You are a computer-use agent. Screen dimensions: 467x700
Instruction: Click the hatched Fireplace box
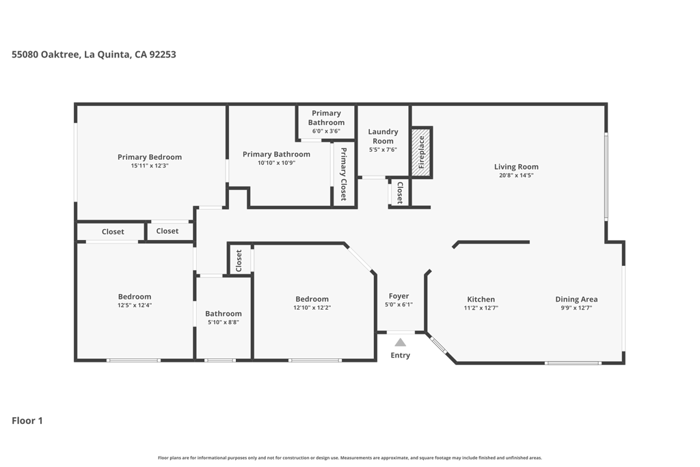tap(421, 152)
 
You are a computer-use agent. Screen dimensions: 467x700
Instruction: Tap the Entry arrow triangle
tap(400, 343)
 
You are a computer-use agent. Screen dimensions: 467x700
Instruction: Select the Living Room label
tap(516, 166)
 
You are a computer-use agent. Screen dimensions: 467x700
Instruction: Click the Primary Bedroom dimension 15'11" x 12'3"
tap(150, 166)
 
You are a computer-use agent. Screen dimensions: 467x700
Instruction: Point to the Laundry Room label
tap(383, 136)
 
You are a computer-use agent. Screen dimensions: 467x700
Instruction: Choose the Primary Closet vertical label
tap(343, 174)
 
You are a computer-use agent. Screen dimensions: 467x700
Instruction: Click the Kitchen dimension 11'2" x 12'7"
tap(481, 308)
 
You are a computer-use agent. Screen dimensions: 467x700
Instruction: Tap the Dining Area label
tap(576, 299)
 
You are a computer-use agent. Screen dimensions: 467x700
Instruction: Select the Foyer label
tap(399, 296)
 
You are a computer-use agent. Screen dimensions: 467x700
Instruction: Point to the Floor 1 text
tap(27, 421)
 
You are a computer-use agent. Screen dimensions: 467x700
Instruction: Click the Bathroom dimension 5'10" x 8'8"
tap(224, 322)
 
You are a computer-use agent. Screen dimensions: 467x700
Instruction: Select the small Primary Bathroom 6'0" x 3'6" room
tap(326, 122)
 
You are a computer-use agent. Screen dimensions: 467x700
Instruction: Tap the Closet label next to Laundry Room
tap(400, 192)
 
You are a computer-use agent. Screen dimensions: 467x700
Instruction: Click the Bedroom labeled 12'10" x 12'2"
tap(312, 303)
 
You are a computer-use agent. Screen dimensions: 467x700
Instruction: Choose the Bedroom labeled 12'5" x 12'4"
tap(134, 301)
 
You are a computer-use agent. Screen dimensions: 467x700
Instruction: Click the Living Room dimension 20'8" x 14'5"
tap(516, 176)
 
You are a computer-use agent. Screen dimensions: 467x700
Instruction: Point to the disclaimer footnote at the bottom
tap(350, 457)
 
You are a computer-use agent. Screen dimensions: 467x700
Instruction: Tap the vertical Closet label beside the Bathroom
tap(239, 260)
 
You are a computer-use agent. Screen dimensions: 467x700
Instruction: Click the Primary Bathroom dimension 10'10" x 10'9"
tap(276, 163)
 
